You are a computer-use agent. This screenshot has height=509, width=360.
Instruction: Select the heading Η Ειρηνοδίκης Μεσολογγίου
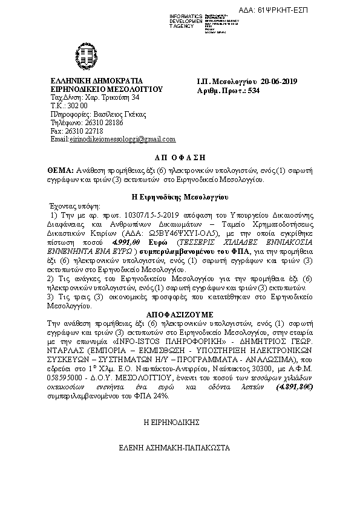click(x=180, y=197)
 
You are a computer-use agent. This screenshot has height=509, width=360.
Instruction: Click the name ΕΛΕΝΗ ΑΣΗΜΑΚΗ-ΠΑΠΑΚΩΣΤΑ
click(x=180, y=450)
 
